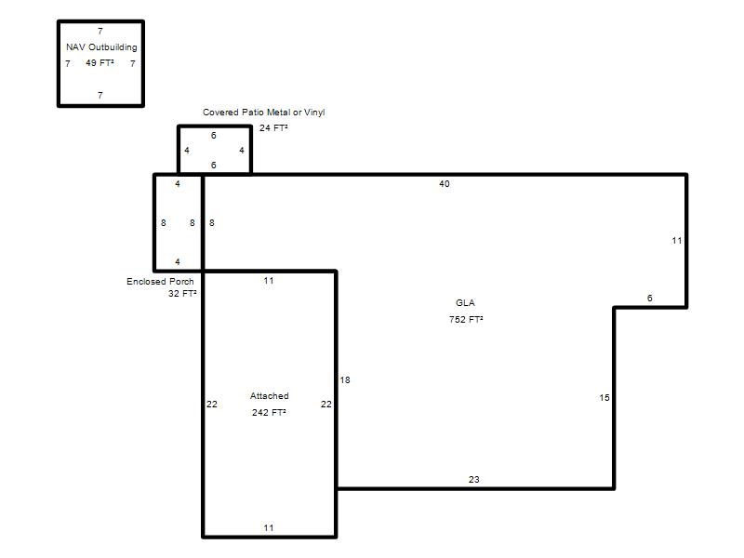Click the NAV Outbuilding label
pyautogui.click(x=101, y=47)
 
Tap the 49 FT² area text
pyautogui.click(x=100, y=62)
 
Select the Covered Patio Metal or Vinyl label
pyautogui.click(x=264, y=113)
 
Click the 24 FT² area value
pyautogui.click(x=273, y=127)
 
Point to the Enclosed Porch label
pyautogui.click(x=160, y=282)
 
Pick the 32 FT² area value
pyautogui.click(x=182, y=294)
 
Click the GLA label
pyautogui.click(x=465, y=303)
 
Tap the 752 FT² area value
pyautogui.click(x=466, y=319)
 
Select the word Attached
pyautogui.click(x=269, y=396)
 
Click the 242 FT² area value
pyautogui.click(x=269, y=412)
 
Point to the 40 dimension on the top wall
pyautogui.click(x=445, y=183)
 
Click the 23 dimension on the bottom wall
pyautogui.click(x=474, y=479)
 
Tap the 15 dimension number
pyautogui.click(x=604, y=398)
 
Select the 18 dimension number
pyautogui.click(x=345, y=379)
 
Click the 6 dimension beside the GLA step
pyautogui.click(x=649, y=298)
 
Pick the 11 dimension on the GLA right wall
pyautogui.click(x=677, y=241)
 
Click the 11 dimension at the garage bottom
pyautogui.click(x=269, y=527)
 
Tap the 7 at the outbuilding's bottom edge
pyautogui.click(x=100, y=95)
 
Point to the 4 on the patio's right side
pyautogui.click(x=242, y=150)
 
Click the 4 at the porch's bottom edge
pyautogui.click(x=178, y=261)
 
